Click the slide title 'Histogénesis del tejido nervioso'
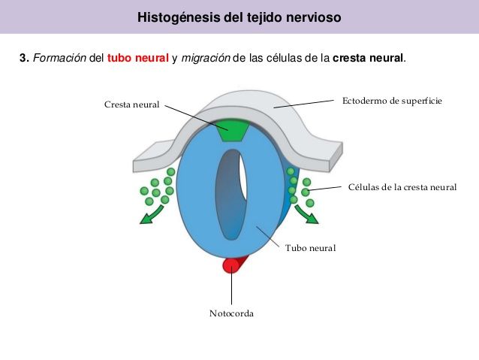[239, 17]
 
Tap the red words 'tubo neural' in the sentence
[138, 58]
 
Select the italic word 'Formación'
[59, 58]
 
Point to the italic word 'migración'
[206, 58]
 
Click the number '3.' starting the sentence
[25, 58]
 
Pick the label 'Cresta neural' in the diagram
[131, 104]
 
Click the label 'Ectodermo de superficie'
[392, 101]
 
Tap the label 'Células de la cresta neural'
[402, 187]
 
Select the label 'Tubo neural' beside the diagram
[310, 248]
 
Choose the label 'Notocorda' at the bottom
[231, 313]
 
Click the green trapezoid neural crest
[233, 130]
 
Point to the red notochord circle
[230, 265]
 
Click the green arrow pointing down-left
[152, 215]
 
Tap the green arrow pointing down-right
[306, 214]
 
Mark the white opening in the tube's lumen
[243, 177]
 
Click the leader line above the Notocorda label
[231, 285]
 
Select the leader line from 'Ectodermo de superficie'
[303, 104]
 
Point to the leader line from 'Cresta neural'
[197, 118]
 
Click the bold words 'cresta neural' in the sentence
[368, 58]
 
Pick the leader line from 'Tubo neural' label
[267, 237]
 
